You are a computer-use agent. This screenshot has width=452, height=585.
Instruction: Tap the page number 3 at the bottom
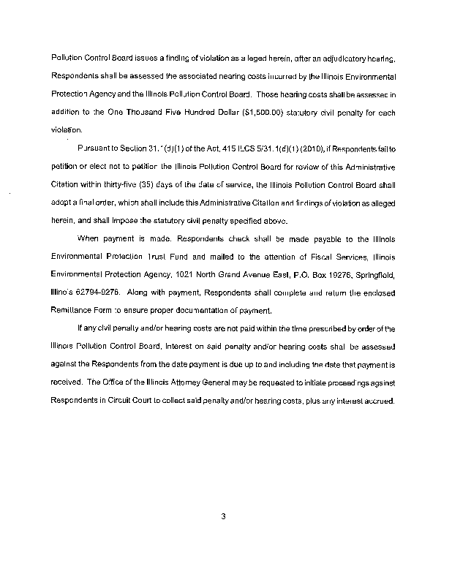pyautogui.click(x=225, y=517)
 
